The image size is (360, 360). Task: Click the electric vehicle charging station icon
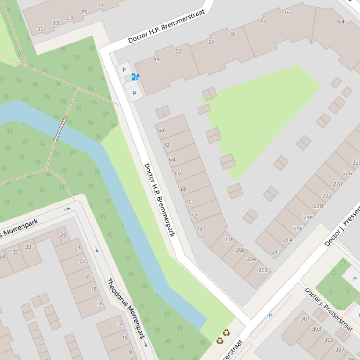pos(135,77)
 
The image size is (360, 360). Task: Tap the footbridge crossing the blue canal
pos(60,128)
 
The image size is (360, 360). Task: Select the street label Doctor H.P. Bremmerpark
pos(159,200)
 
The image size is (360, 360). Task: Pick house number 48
pos(156,59)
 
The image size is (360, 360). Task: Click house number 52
pos(178,50)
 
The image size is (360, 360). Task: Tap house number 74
pos(199,230)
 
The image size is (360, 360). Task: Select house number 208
pos(228,239)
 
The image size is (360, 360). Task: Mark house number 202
pos(263,270)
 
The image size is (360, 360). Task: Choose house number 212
pos(276,252)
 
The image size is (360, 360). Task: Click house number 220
pos(318,206)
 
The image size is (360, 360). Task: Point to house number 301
pos(305,319)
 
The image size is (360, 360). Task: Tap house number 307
pos(339,349)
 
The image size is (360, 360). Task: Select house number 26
pos(63,235)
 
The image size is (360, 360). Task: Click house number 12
pos(119,323)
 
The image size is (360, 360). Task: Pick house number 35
pos(40,29)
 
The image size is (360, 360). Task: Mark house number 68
pos(184,190)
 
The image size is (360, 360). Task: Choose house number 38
pos(233,34)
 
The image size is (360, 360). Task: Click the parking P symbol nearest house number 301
pos(270,316)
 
